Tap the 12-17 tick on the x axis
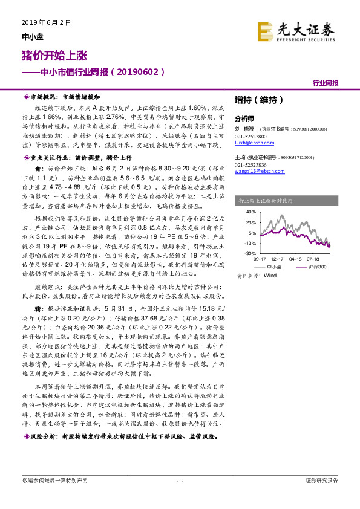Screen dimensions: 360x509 coord(278,258)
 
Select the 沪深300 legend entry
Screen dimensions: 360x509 coord(316,266)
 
